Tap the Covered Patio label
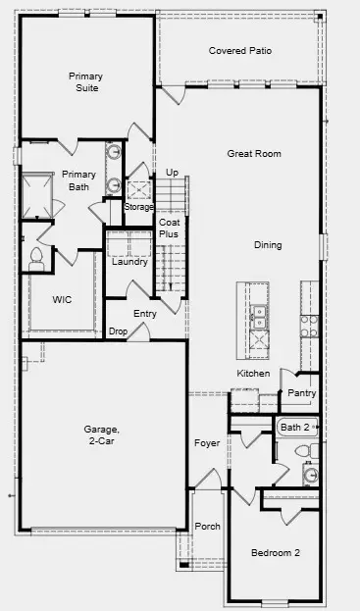coord(240,50)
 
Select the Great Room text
coord(254,153)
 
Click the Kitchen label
coord(253,374)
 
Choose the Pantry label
coord(301,393)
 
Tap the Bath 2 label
coord(295,428)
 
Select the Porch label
coord(208,527)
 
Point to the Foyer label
coord(207,442)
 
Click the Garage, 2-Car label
coord(101,435)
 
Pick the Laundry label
coord(129,262)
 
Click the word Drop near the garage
coord(118,331)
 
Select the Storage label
coord(138,206)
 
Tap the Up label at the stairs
coord(172,172)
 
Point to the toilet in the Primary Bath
coord(37,257)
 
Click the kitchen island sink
coord(259,317)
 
